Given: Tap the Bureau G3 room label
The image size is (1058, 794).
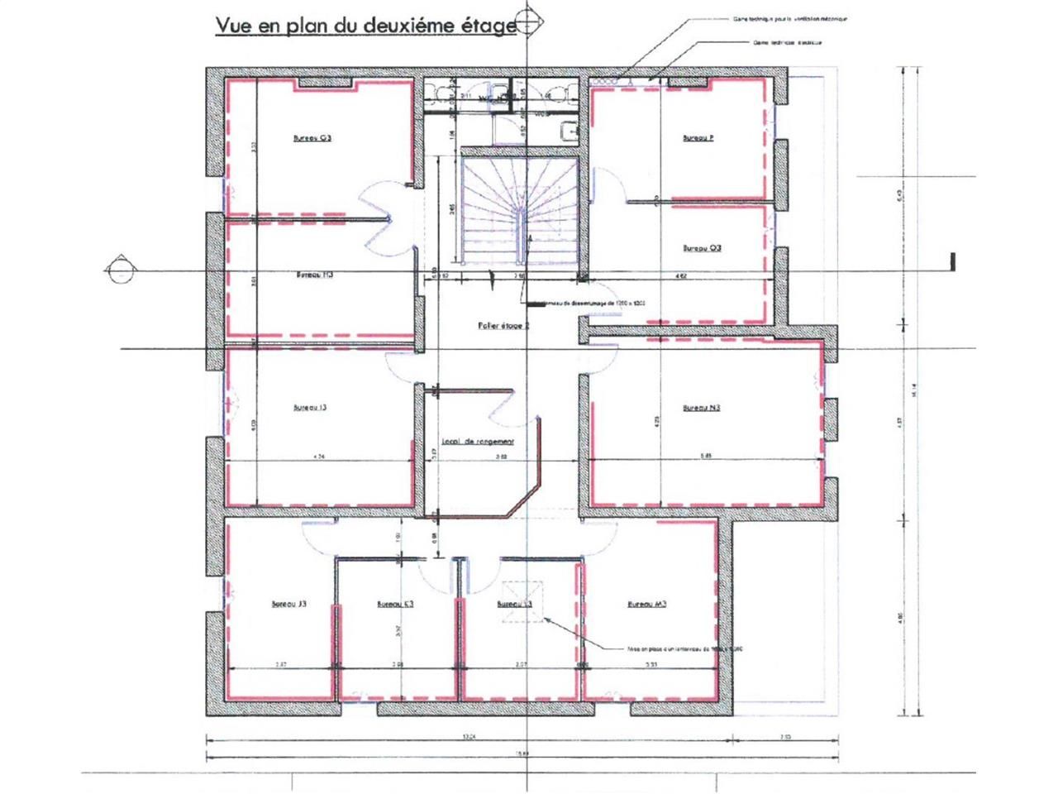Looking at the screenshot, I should (312, 138).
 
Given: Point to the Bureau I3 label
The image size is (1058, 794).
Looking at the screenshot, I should (311, 407).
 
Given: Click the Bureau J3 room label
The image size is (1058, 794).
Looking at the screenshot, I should (289, 605).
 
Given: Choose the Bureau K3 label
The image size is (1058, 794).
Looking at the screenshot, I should (395, 605).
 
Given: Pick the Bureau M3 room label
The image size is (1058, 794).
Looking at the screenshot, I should (647, 604).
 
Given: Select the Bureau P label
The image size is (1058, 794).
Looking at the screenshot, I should (698, 138).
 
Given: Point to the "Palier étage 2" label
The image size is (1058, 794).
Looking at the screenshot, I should (503, 326).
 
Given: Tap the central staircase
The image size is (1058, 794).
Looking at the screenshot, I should (518, 208).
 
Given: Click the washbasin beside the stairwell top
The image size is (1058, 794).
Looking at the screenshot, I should (569, 131).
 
